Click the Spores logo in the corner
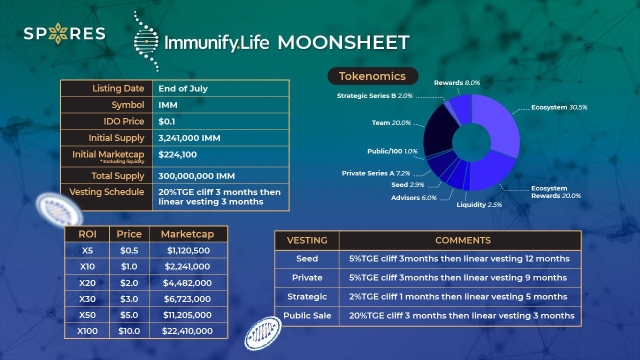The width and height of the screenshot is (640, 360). (64, 33)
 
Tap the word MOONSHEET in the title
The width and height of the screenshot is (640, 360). (343, 42)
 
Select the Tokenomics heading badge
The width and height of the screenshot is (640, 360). (372, 76)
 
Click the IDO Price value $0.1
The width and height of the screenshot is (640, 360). (166, 121)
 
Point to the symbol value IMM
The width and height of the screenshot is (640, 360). (168, 105)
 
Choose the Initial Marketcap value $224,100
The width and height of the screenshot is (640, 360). (177, 154)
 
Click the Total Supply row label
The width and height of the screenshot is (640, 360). (117, 176)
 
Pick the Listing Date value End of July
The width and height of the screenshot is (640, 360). (183, 88)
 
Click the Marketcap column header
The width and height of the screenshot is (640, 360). (187, 234)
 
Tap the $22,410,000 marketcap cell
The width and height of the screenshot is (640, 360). (187, 331)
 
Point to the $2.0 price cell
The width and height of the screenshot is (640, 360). (129, 283)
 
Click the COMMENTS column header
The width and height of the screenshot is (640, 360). (462, 240)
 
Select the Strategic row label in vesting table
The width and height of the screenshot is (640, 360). (307, 296)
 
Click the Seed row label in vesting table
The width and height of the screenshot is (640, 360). (307, 258)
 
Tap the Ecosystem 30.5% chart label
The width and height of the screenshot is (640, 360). (559, 107)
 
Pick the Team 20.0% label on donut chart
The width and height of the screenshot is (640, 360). (391, 122)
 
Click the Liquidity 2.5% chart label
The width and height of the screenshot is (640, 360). (479, 204)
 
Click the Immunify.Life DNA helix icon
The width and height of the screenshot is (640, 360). (146, 41)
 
